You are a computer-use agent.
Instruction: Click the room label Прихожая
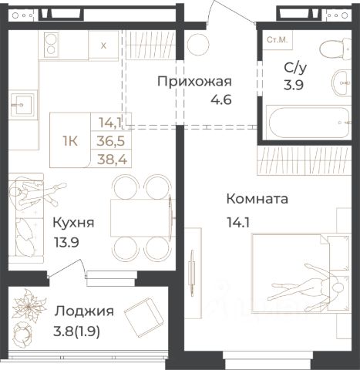click(194, 82)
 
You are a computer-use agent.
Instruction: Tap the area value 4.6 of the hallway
click(221, 99)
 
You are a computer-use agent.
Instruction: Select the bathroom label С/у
click(295, 68)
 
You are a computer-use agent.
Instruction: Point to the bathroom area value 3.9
click(294, 85)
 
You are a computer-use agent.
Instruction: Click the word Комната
click(257, 199)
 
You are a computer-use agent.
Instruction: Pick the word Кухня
click(73, 223)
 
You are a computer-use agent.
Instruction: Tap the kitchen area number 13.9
click(66, 242)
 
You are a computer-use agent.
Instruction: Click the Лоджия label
click(84, 312)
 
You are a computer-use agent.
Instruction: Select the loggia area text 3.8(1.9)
click(76, 331)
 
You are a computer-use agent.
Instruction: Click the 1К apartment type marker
click(70, 141)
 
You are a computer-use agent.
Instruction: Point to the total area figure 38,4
click(112, 160)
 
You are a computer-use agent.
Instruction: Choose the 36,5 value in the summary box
click(111, 141)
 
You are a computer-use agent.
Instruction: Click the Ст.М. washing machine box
click(278, 40)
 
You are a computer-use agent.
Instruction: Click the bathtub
click(308, 122)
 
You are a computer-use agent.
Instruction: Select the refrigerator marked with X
click(103, 45)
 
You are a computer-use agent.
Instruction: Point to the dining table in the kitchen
click(141, 218)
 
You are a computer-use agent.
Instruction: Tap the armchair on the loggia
click(144, 317)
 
